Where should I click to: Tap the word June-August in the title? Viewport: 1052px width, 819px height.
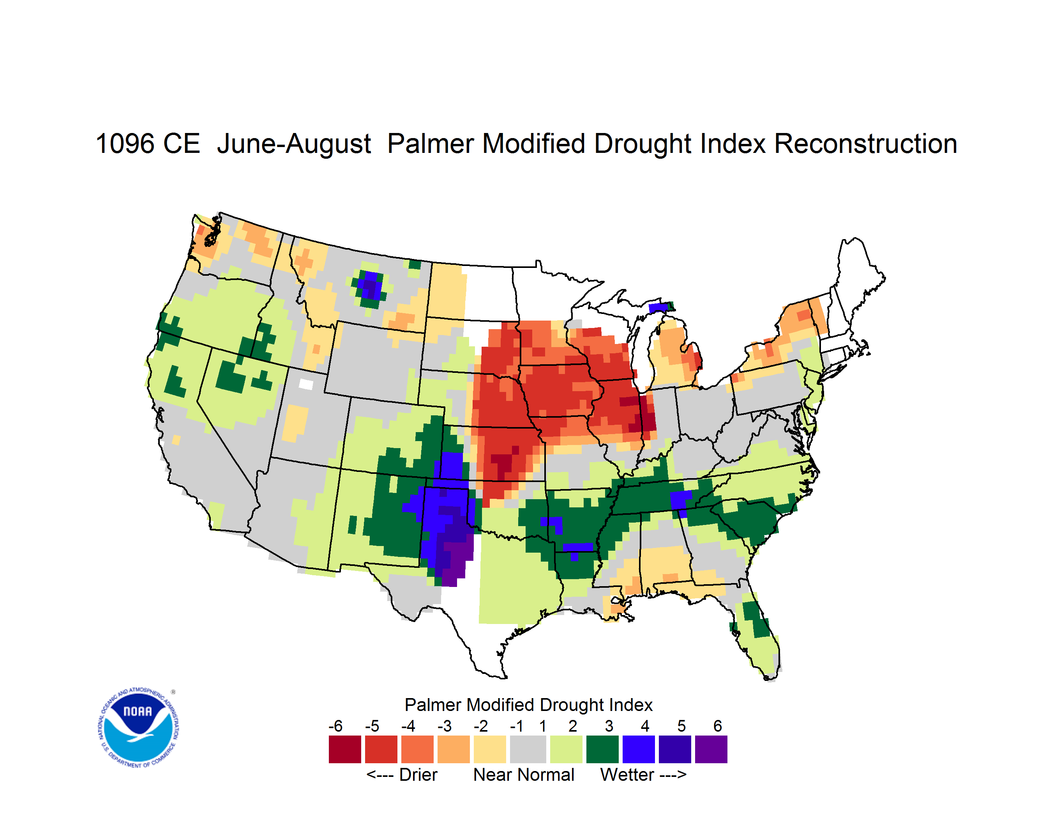294,145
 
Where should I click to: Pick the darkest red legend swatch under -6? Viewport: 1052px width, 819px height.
345,749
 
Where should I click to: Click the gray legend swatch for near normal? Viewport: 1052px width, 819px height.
528,749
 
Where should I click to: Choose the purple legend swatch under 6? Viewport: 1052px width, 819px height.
711,749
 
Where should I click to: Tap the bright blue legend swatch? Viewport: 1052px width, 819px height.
639,749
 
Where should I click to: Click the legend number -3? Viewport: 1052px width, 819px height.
444,726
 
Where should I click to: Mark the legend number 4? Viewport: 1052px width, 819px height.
645,726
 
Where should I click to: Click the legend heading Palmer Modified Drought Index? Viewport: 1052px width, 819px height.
528,705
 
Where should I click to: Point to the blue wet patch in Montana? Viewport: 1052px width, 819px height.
370,286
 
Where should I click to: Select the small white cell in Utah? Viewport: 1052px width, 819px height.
306,384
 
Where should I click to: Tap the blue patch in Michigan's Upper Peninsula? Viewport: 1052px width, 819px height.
658,308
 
